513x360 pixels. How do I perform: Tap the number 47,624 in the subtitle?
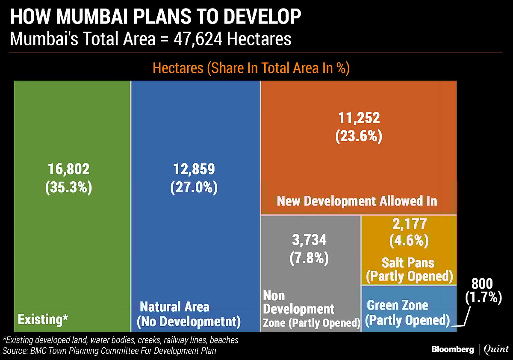click(x=198, y=39)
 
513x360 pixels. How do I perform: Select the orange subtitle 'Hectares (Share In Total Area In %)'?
click(x=251, y=68)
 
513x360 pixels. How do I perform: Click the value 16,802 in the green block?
click(x=68, y=169)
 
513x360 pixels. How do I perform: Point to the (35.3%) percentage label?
click(x=68, y=188)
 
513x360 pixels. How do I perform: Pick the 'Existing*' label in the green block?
click(x=43, y=319)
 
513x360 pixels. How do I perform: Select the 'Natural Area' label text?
click(x=175, y=307)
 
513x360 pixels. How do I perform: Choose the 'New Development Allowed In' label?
click(x=357, y=201)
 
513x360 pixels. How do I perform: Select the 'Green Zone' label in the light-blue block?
click(x=398, y=305)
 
